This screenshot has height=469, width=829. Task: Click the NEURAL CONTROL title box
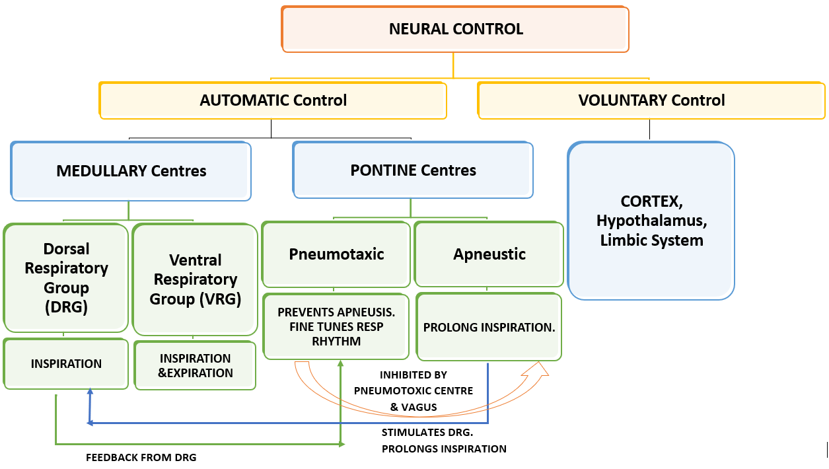pos(455,29)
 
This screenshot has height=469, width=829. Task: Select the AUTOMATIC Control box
pos(273,100)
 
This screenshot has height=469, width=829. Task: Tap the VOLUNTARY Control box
pos(651,100)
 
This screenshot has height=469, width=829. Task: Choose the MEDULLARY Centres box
pos(131,171)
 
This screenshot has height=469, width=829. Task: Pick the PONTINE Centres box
pos(413,170)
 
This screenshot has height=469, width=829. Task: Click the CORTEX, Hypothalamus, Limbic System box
pos(651,221)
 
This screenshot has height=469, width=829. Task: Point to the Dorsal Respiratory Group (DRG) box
pos(66,277)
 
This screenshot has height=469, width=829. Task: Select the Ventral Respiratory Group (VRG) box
pos(195,279)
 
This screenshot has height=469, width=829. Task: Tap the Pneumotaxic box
pos(336,254)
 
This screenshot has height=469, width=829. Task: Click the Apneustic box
pos(489,254)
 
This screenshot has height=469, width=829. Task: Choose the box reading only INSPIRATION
pos(66,363)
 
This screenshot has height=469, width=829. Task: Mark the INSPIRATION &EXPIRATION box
pos(195,365)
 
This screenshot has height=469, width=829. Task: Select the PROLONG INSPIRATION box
pos(489,327)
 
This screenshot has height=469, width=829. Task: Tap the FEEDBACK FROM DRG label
pos(141,457)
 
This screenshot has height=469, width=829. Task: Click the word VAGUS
pos(419,407)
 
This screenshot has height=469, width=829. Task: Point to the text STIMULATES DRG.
pos(419,433)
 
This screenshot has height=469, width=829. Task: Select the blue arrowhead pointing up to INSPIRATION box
pos(90,393)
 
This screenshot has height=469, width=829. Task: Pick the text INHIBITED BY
pos(414,375)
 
